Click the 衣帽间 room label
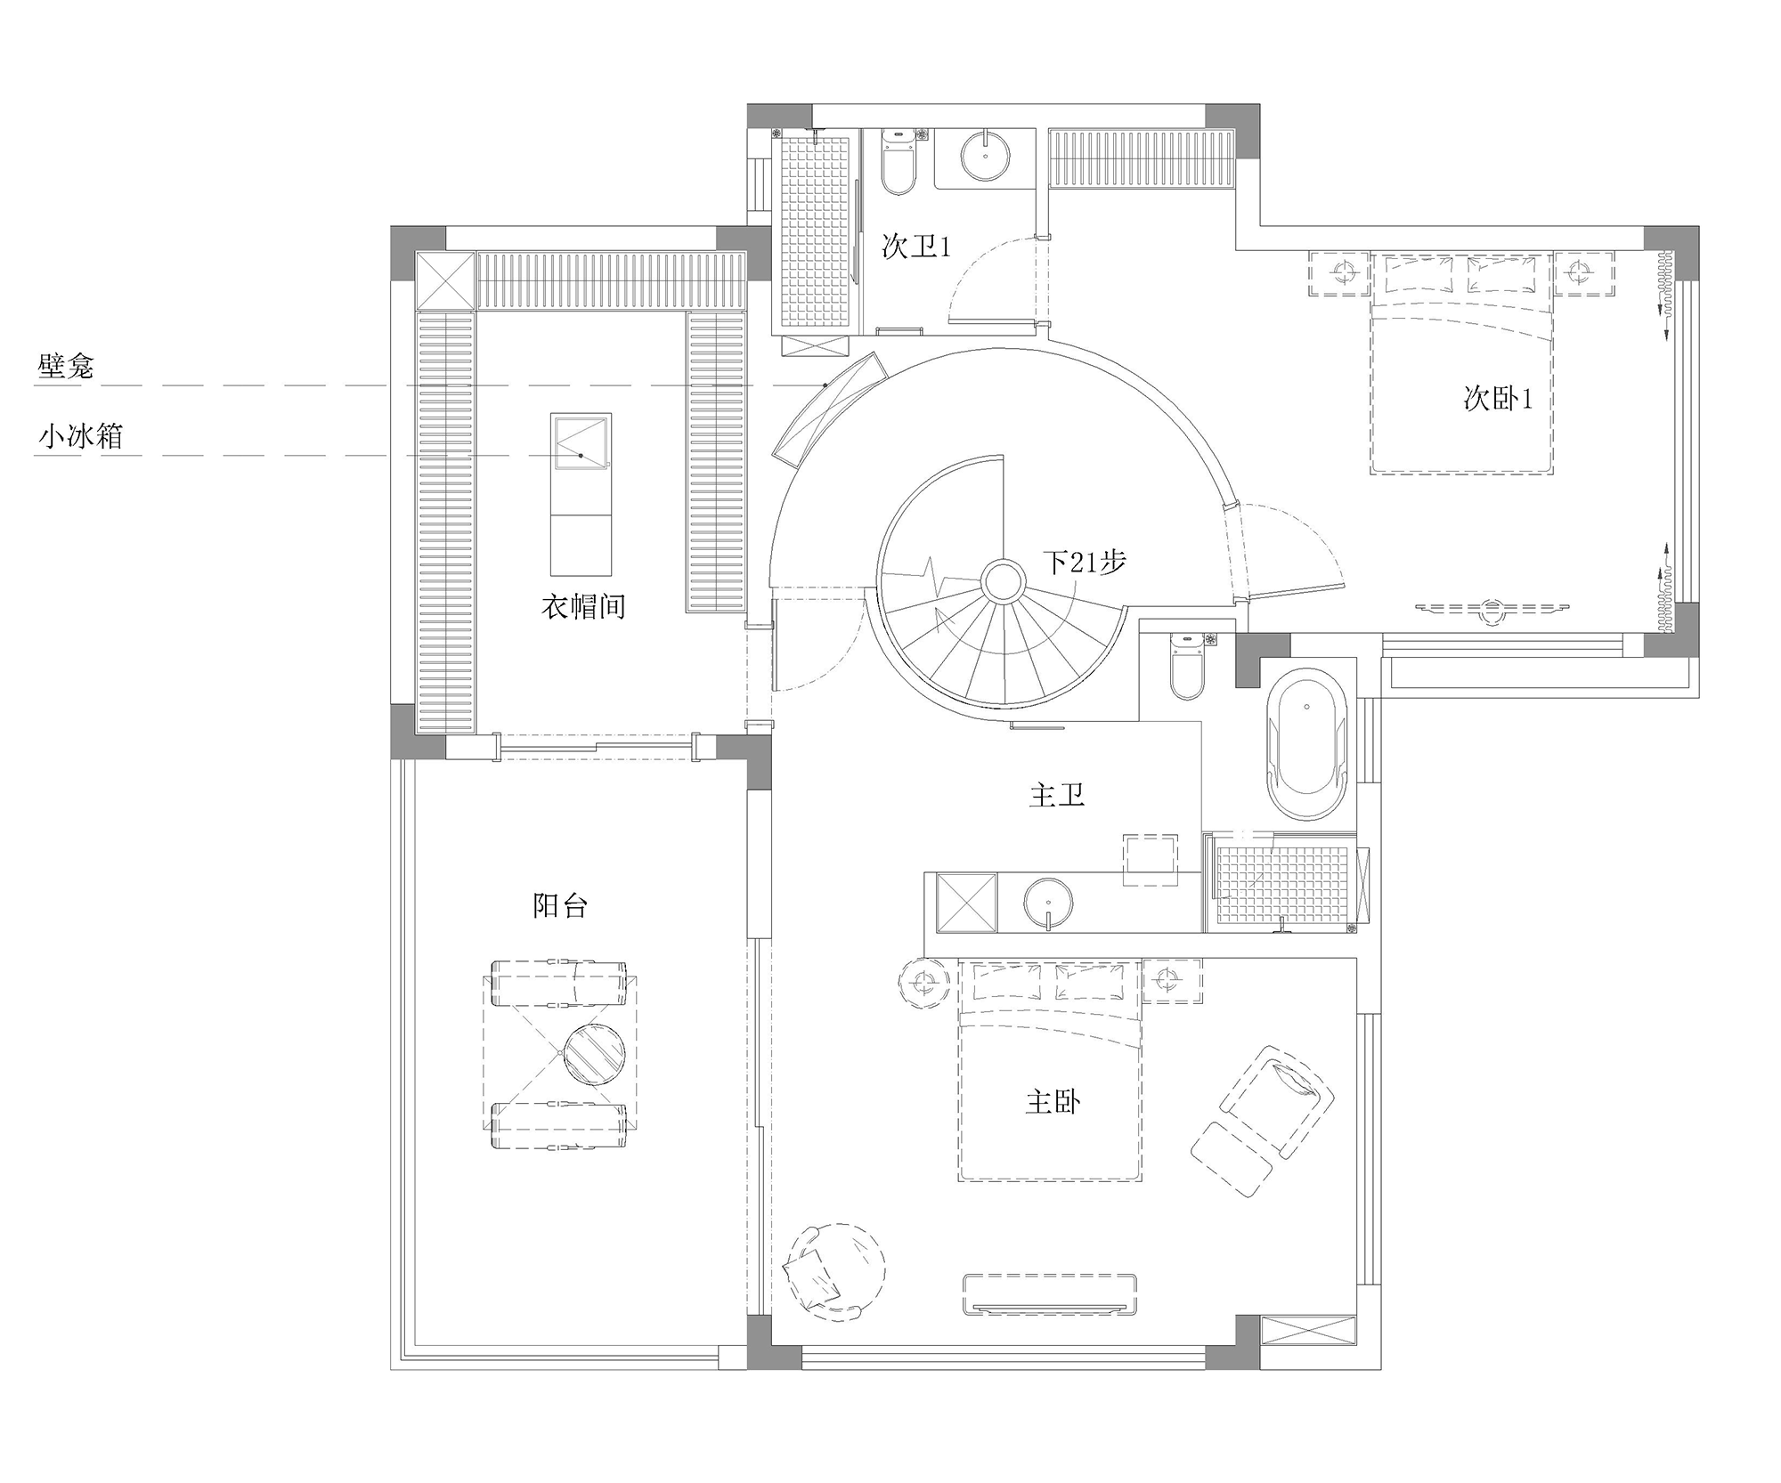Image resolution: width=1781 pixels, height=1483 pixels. [x=583, y=607]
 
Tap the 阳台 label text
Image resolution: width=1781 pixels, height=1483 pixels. [x=560, y=906]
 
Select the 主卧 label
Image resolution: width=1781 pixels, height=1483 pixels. [x=1053, y=1103]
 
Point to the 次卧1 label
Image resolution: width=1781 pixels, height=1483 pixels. [x=1499, y=398]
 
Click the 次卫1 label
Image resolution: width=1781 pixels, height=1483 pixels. [x=916, y=246]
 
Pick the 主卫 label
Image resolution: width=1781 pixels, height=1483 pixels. [x=1057, y=794]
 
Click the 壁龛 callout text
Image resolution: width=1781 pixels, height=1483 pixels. [x=66, y=366]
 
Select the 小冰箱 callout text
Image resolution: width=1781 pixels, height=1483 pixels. [x=80, y=436]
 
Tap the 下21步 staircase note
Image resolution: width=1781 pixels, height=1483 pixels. [x=1085, y=562]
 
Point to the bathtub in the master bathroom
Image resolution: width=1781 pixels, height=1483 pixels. [x=1305, y=744]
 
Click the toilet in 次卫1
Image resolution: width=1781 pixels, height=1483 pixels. [x=898, y=162]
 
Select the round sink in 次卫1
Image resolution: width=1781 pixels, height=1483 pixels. [x=987, y=155]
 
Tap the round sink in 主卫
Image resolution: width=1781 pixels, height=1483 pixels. [x=1049, y=904]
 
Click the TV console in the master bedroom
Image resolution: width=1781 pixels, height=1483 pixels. [x=1050, y=1294]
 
